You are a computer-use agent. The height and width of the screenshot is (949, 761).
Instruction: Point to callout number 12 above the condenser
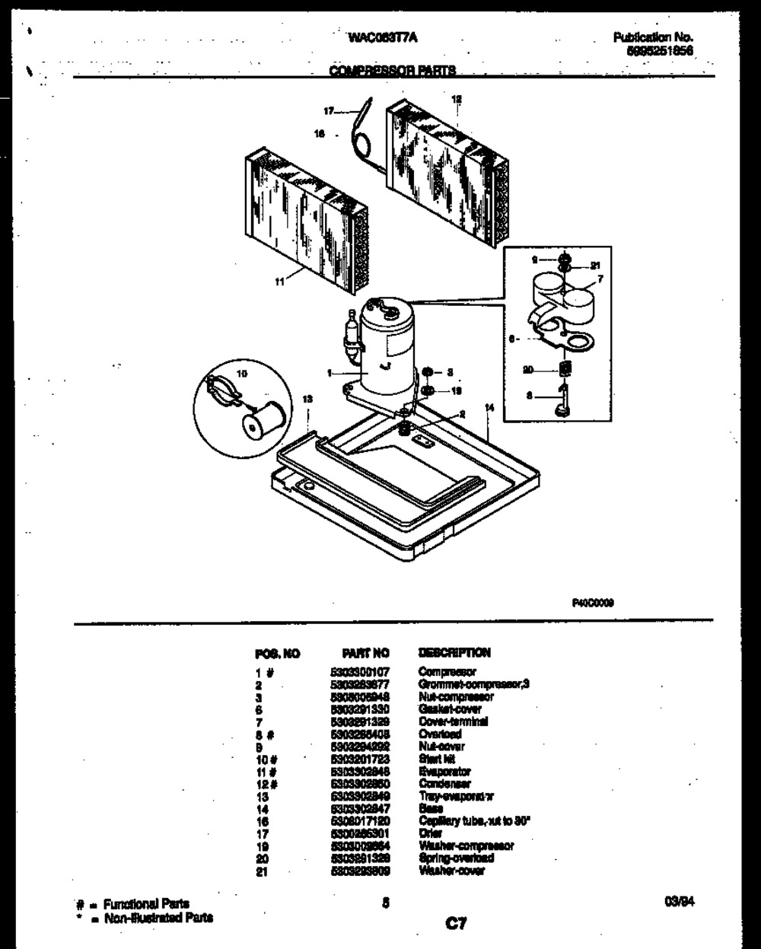point(457,99)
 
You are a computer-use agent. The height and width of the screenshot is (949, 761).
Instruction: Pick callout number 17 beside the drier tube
point(329,111)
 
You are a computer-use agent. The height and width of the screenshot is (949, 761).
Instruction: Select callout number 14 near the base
point(489,407)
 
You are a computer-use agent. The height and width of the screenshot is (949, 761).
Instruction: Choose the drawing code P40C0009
point(593,601)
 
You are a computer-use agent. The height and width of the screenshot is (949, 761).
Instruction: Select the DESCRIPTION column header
point(454,652)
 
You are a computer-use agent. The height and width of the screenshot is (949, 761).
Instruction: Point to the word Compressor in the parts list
point(447,672)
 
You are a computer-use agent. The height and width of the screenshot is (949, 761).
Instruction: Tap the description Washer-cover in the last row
point(451,871)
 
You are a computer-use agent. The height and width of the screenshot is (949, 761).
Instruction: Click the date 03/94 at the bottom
point(680,903)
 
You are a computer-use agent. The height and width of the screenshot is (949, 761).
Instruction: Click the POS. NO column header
point(277,653)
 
